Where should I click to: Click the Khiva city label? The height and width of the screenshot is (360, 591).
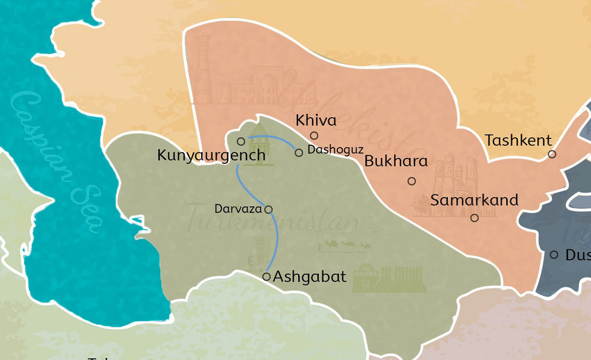click(x=316, y=120)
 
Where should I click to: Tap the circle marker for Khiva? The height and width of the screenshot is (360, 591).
click(x=314, y=136)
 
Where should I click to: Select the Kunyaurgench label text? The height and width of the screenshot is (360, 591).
click(x=211, y=155)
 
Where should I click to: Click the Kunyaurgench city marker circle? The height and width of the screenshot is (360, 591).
click(x=241, y=142)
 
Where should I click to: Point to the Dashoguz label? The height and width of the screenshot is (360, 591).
click(x=335, y=150)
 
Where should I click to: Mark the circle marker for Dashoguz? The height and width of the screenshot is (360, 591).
click(x=299, y=153)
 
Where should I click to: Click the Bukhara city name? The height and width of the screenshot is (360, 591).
click(x=396, y=162)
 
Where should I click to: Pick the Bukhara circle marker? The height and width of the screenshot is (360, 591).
click(x=412, y=181)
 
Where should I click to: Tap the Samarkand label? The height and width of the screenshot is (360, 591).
click(x=474, y=200)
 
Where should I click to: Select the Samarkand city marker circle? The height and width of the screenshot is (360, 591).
click(x=474, y=218)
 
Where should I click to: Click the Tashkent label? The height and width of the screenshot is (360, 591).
click(x=518, y=141)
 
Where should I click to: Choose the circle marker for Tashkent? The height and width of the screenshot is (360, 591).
click(x=552, y=154)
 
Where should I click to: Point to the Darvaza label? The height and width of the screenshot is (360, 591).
click(x=238, y=209)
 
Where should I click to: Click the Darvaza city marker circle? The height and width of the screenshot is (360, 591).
click(x=268, y=209)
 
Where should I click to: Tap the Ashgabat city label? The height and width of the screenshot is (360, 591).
click(x=309, y=276)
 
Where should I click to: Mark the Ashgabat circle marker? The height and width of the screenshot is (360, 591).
click(x=266, y=277)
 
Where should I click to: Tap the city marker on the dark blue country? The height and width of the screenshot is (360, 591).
click(x=554, y=255)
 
